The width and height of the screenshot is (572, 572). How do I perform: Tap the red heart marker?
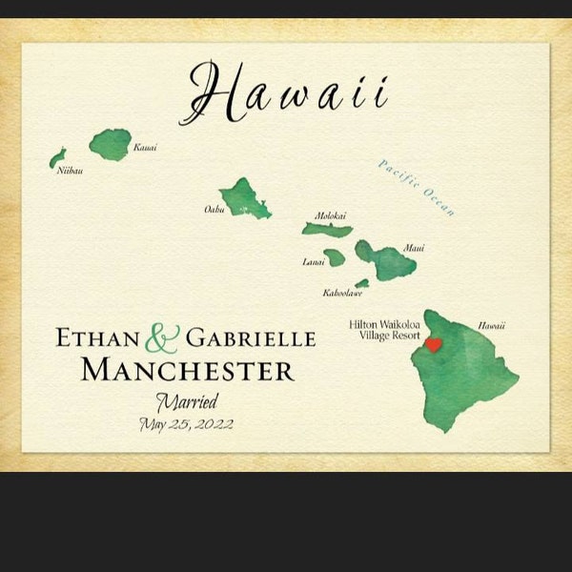(x=433, y=345)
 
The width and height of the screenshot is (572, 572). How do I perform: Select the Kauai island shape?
(x=111, y=144)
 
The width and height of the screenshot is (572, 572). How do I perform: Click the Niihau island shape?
(x=58, y=157)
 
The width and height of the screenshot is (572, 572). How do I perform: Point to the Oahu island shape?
(x=244, y=197)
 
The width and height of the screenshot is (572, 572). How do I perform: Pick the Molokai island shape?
(x=327, y=230)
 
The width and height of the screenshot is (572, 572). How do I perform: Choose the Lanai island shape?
(x=335, y=257)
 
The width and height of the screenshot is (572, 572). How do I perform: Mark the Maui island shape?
(x=386, y=259)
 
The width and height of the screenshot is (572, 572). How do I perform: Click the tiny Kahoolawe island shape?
(x=362, y=283)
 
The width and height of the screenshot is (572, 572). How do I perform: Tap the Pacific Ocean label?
(x=417, y=188)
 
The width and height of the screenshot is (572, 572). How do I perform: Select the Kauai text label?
(x=145, y=148)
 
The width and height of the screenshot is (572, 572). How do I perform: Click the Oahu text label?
(x=214, y=209)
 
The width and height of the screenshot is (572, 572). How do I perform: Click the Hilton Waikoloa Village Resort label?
(x=385, y=330)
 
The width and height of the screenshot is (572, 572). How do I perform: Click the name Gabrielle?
(x=251, y=338)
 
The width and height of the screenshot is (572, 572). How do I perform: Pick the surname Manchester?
(x=188, y=370)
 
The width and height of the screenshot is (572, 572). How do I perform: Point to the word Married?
(x=188, y=400)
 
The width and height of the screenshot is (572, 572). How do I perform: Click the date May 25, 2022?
(x=187, y=424)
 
